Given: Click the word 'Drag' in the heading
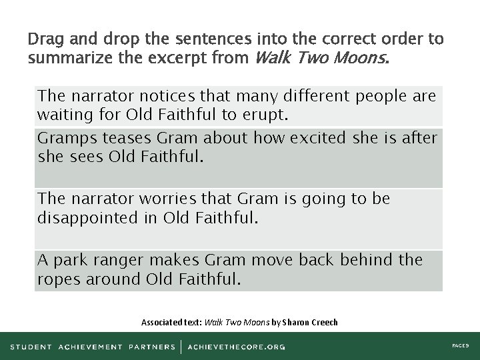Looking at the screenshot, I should point(45,39).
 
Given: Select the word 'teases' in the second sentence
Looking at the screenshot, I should point(115,138).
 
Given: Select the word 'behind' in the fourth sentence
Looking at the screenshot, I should point(366,259).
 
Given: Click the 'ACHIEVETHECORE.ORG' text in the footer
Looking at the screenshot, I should point(236,347).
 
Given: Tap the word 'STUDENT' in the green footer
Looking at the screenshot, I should point(31,347).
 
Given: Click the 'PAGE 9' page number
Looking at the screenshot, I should point(460,347).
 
